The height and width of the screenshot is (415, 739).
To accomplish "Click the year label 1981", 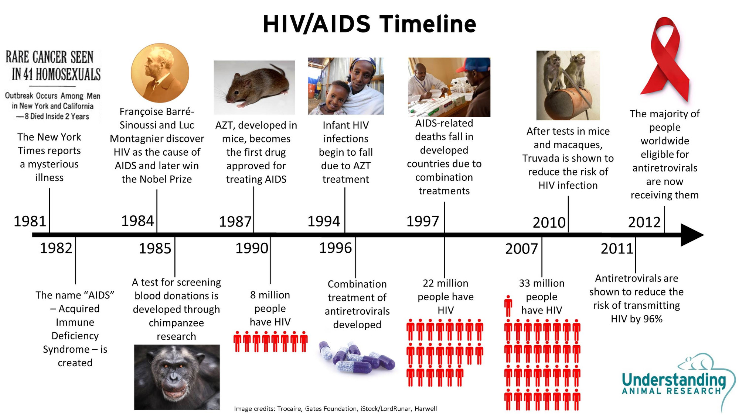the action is pyautogui.click(x=30, y=221).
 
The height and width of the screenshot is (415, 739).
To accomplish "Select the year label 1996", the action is pyautogui.click(x=336, y=248).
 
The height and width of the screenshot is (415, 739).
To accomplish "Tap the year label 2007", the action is pyautogui.click(x=521, y=249).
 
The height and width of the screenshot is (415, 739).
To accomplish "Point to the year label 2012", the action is pyautogui.click(x=644, y=222).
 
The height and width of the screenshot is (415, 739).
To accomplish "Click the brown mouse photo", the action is pyautogui.click(x=254, y=87).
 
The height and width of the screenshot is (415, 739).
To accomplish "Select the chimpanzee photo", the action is pyautogui.click(x=177, y=377).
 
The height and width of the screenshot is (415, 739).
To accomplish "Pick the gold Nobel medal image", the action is pyautogui.click(x=160, y=73).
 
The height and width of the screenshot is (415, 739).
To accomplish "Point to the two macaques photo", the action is pyautogui.click(x=568, y=85).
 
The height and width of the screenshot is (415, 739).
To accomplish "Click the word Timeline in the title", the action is pyautogui.click(x=428, y=24).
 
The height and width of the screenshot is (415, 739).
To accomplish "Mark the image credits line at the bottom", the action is pyautogui.click(x=336, y=408).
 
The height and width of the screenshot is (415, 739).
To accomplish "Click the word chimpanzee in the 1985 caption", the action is pyautogui.click(x=176, y=323).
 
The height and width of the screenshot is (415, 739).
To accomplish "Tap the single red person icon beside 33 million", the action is pyautogui.click(x=508, y=305).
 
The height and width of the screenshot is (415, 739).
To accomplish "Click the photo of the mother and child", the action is pyautogui.click(x=346, y=86).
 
